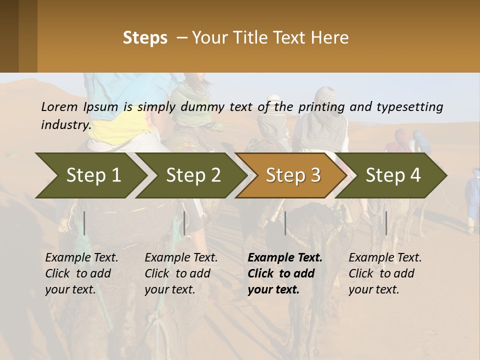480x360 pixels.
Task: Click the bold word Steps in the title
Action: click(x=145, y=38)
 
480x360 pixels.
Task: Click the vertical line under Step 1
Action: click(x=84, y=223)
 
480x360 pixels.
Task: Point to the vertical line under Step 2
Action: click(x=184, y=223)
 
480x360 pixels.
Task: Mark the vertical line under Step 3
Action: click(x=285, y=223)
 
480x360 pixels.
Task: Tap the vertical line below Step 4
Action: click(x=386, y=223)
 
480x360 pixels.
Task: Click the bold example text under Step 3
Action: click(x=285, y=273)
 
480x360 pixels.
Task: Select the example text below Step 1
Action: click(x=81, y=273)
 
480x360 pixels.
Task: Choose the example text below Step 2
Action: click(x=181, y=273)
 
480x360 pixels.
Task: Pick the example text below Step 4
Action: click(x=385, y=273)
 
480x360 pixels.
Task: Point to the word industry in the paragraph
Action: click(x=66, y=124)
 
